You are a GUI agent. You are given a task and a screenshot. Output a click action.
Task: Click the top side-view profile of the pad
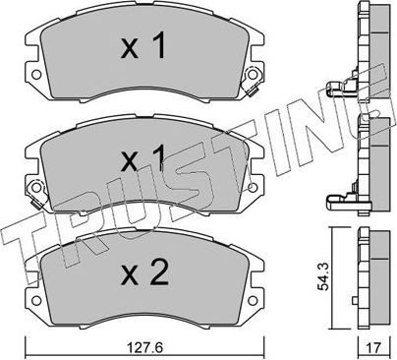point(369,59)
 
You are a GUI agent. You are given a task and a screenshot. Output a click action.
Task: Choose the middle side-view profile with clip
point(369,167)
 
